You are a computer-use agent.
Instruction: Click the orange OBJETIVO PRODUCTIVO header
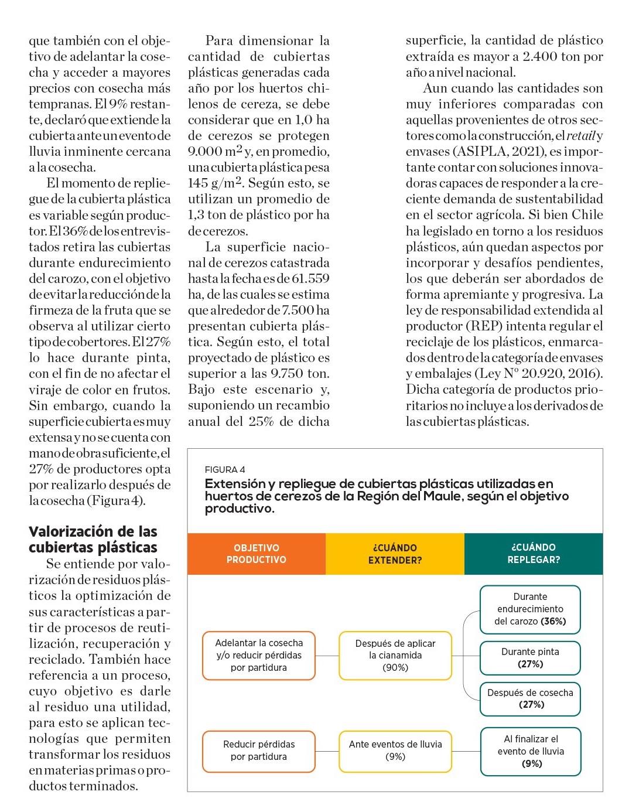(x=257, y=554)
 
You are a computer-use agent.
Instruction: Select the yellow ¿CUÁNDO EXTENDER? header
(x=395, y=554)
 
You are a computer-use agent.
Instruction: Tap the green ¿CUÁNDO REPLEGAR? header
(x=533, y=554)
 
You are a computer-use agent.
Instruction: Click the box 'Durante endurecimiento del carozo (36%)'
(x=530, y=609)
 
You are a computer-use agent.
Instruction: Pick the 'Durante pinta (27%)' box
(x=530, y=657)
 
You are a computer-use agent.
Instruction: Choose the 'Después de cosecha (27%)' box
(x=530, y=698)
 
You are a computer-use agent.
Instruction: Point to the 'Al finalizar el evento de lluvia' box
(x=531, y=751)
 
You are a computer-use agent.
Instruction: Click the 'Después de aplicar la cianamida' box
(x=395, y=655)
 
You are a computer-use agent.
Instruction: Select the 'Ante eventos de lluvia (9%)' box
(x=395, y=751)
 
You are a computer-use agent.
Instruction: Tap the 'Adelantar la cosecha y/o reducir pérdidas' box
(x=259, y=655)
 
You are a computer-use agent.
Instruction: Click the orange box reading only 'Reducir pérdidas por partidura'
(x=259, y=751)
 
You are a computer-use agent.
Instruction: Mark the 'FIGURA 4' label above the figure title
(x=225, y=470)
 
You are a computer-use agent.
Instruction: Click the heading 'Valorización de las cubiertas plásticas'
(x=93, y=539)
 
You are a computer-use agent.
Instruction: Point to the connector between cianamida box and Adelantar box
(x=327, y=655)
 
